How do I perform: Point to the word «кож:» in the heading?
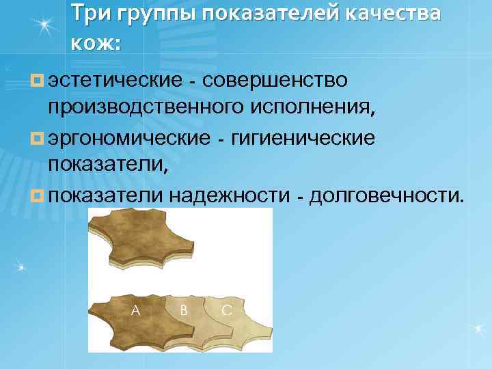pos(95,44)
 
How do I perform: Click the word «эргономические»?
pos(129,139)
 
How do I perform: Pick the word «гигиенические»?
pos(303,139)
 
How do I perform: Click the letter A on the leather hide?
pos(136,310)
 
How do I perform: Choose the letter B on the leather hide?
pos(183,310)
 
